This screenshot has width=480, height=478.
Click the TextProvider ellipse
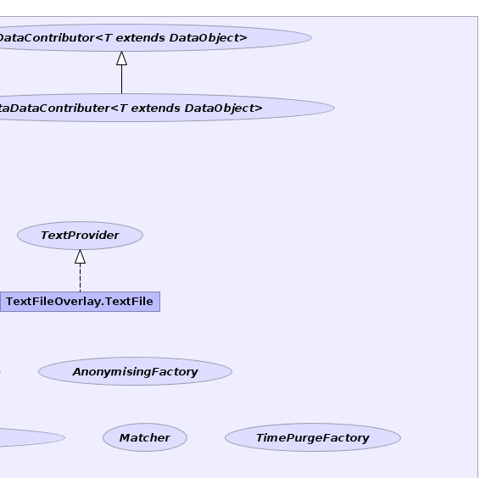click(x=80, y=236)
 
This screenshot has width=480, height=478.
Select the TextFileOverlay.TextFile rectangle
click(x=80, y=302)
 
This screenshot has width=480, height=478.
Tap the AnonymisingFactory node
click(x=135, y=371)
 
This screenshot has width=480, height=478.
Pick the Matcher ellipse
click(x=145, y=437)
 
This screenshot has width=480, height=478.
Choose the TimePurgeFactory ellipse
click(x=313, y=437)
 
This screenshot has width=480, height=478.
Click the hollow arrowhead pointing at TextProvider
click(x=81, y=257)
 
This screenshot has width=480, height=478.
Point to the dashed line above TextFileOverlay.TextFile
click(x=81, y=277)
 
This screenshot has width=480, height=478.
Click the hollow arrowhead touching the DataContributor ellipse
click(x=121, y=58)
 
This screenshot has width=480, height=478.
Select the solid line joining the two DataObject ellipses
click(x=121, y=80)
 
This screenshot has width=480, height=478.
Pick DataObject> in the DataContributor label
click(x=208, y=38)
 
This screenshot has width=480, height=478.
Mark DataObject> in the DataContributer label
click(x=224, y=108)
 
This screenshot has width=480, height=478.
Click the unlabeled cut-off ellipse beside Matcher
click(x=31, y=437)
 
